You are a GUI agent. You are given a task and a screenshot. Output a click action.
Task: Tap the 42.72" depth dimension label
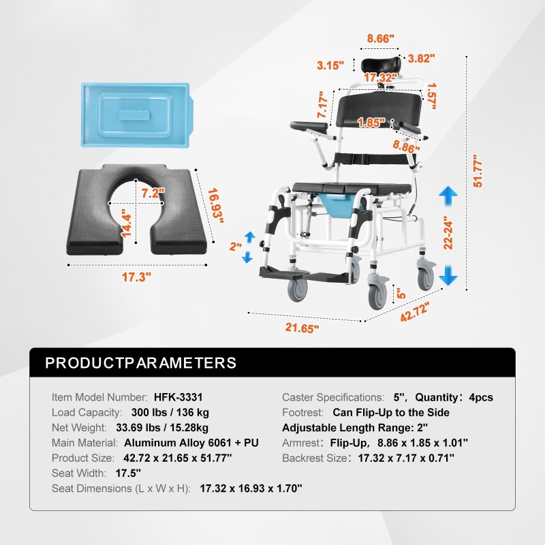(415, 311)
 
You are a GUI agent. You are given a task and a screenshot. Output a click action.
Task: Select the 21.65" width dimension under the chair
(302, 328)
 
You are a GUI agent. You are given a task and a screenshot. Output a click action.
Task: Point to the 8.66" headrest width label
(381, 39)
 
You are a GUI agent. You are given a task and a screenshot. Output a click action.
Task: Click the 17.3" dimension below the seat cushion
(136, 277)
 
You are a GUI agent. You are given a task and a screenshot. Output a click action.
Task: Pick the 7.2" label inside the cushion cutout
(153, 193)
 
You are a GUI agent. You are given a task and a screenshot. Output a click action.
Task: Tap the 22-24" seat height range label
(448, 233)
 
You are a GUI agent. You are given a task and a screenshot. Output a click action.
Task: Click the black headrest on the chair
(381, 65)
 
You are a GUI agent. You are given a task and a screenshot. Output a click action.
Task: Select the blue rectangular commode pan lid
(138, 114)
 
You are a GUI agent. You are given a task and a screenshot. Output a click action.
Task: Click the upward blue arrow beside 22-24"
(448, 196)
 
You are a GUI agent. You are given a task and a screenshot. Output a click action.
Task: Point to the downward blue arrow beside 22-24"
(448, 275)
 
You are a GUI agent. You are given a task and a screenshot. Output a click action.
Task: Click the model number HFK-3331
(178, 397)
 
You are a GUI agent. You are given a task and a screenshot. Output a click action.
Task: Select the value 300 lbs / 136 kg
(170, 413)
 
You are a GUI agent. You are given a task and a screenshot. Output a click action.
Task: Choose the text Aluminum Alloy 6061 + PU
(191, 443)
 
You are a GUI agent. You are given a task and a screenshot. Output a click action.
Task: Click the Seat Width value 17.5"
(128, 473)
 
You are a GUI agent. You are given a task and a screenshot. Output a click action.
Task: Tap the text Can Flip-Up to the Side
(391, 413)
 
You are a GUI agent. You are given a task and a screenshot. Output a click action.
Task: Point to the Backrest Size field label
(315, 458)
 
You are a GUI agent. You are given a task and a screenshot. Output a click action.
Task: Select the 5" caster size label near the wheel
(401, 294)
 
